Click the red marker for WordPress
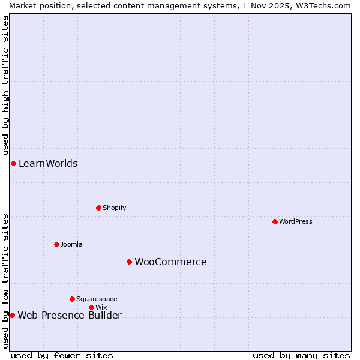275,221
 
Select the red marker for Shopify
98,208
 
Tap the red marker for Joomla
56,244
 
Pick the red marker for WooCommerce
129,262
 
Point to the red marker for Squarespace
72,299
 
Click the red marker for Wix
91,307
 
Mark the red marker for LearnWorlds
13,163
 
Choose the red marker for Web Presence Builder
12,315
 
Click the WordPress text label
296,221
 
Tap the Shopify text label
114,208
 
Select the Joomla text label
71,244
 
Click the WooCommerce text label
170,262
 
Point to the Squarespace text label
97,299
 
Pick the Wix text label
101,307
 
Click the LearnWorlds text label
48,163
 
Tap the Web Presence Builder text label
70,315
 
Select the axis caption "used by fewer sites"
62,355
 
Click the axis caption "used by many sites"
301,355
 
